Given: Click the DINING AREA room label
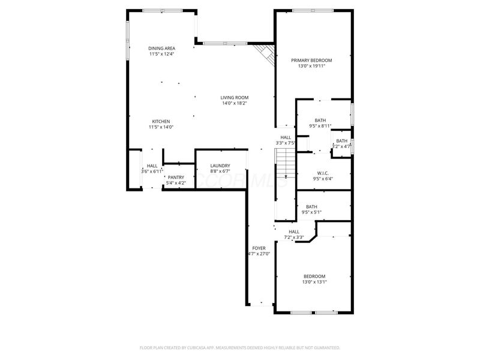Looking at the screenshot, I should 161,48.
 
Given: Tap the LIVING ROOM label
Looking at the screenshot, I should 234,97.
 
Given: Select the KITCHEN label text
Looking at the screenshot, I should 161,121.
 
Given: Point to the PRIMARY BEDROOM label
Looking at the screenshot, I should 311,60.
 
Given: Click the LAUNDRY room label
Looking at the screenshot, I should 220,166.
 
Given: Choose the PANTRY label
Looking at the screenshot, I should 176,177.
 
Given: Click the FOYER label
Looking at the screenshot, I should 259,248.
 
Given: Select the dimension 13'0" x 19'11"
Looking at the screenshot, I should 311,66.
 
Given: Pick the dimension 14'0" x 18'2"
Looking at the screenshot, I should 234,103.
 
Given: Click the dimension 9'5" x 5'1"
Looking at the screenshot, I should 311,212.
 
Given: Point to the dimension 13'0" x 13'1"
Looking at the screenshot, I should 314,281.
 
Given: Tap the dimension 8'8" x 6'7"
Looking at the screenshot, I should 220,172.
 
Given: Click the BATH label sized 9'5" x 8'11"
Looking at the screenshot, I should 312,120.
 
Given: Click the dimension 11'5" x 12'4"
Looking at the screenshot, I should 161,54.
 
